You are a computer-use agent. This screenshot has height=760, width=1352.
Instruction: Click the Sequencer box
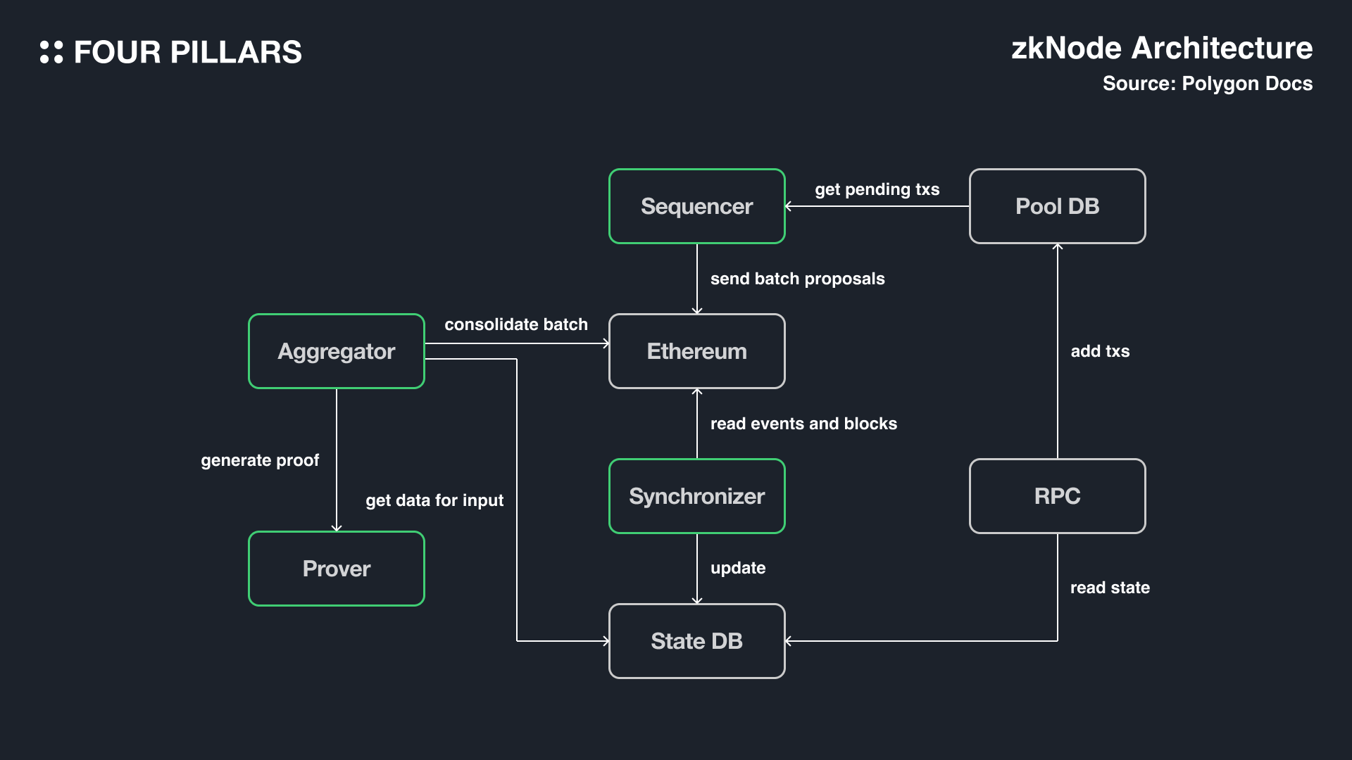click(x=696, y=206)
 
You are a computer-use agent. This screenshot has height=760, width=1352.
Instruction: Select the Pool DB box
click(x=1057, y=206)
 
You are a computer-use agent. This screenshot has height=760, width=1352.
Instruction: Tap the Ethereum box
click(x=696, y=351)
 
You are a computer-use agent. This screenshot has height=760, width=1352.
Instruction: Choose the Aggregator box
click(x=337, y=351)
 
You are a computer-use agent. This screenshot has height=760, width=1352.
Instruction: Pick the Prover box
click(x=337, y=569)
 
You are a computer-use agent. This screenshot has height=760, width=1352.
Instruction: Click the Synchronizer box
click(x=696, y=496)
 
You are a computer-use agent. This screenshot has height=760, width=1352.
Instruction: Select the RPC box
click(x=1057, y=496)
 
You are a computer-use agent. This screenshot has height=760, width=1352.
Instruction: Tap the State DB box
click(x=696, y=641)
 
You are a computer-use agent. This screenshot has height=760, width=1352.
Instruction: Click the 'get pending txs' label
click(x=877, y=189)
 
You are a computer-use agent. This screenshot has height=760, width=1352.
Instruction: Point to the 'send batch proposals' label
click(x=797, y=279)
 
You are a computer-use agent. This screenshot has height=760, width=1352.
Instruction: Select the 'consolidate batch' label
click(x=515, y=324)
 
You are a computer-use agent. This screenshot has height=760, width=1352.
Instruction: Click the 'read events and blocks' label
click(x=803, y=424)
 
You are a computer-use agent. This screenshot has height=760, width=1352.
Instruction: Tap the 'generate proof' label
click(x=260, y=460)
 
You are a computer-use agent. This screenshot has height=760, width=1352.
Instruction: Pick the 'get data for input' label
click(x=434, y=500)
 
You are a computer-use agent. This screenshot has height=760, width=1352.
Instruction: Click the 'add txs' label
click(x=1100, y=351)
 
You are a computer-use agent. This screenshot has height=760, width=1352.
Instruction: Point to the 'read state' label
click(x=1110, y=588)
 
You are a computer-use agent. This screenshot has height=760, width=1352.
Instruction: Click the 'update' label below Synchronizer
click(x=737, y=568)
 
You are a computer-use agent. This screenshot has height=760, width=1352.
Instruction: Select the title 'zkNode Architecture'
click(x=1161, y=49)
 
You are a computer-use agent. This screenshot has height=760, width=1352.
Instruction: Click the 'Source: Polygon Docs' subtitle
click(x=1207, y=84)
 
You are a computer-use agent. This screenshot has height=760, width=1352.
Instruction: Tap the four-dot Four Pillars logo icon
click(x=51, y=52)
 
